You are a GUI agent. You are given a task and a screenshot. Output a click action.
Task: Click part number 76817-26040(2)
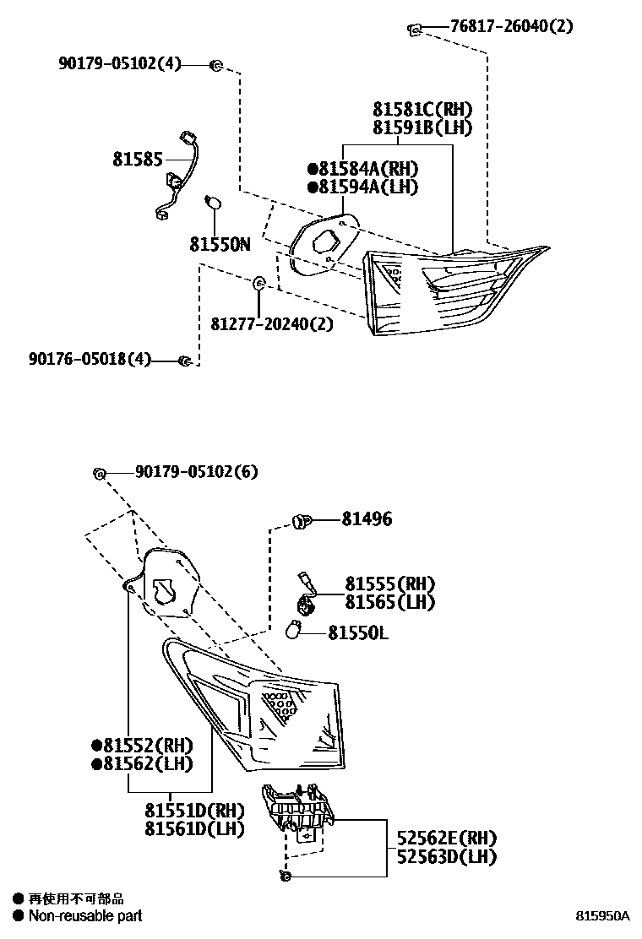pyautogui.click(x=512, y=26)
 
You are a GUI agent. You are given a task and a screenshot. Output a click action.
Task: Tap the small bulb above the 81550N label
pyautogui.click(x=215, y=203)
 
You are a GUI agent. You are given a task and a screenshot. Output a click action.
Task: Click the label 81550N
pyautogui.click(x=220, y=244)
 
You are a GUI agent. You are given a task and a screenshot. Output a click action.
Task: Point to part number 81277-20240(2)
pyautogui.click(x=272, y=323)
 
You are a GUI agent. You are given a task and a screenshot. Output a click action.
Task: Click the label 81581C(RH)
pyautogui.click(x=422, y=109)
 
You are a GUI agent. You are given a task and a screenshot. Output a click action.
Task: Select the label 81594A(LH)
pyautogui.click(x=363, y=187)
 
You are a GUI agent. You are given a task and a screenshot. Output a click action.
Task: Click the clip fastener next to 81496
pyautogui.click(x=300, y=519)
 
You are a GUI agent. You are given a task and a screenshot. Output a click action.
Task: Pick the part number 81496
pyautogui.click(x=367, y=519)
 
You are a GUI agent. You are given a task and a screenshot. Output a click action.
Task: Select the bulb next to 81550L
pyautogui.click(x=296, y=630)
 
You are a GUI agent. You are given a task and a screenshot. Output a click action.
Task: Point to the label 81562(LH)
pyautogui.click(x=143, y=763)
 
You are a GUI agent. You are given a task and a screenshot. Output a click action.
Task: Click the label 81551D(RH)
pyautogui.click(x=194, y=810)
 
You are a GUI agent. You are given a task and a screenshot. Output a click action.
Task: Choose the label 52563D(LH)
pyautogui.click(x=447, y=856)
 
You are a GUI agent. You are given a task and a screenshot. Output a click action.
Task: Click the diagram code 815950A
pyautogui.click(x=603, y=915)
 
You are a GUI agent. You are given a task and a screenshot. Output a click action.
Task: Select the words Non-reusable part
pyautogui.click(x=85, y=915)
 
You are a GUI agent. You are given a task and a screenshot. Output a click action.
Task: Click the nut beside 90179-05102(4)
pyautogui.click(x=216, y=64)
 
